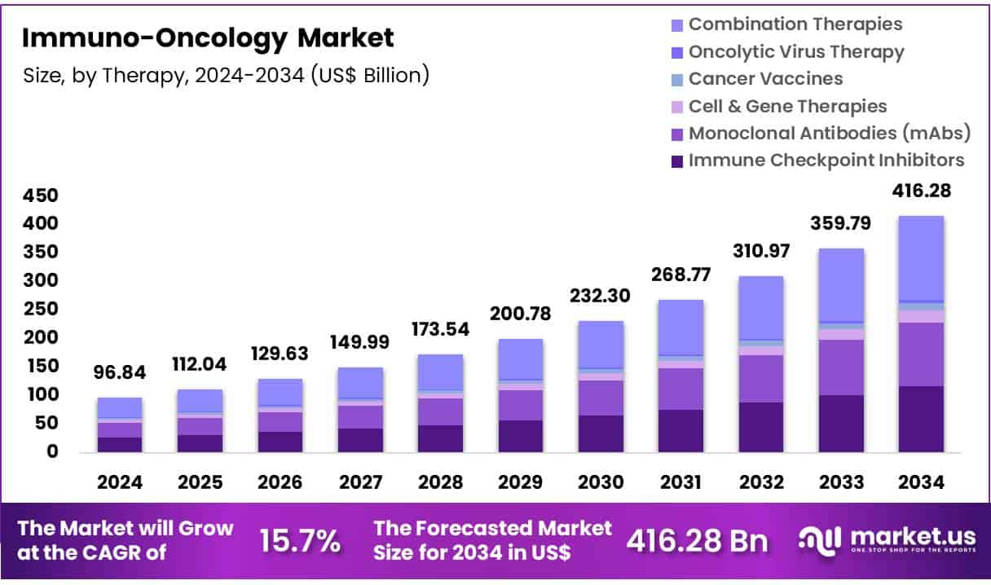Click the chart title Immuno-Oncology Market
coord(207,37)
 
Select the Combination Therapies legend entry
coord(795,24)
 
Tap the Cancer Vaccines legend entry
coord(765,79)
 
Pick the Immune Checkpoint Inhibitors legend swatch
coord(676,161)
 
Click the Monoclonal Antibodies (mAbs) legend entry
coord(829,134)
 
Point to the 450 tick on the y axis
coord(41,196)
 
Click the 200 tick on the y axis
coord(41,337)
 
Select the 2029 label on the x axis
coord(520,482)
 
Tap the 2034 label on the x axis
coord(921,482)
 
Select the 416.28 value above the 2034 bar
coord(921,191)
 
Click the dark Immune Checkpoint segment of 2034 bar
coord(921,419)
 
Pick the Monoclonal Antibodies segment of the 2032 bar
coord(760,379)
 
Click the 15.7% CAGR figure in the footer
coord(299,540)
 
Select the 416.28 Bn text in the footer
coord(697,540)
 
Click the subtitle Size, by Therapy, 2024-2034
coord(225,75)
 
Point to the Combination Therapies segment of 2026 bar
coord(280,392)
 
